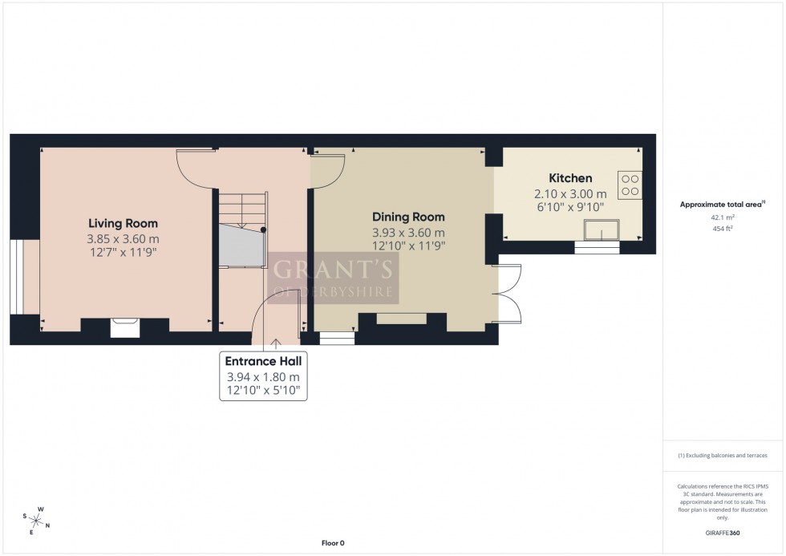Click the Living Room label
(x=123, y=223)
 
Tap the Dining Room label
(x=407, y=217)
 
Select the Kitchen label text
(x=569, y=178)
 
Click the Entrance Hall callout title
(x=263, y=363)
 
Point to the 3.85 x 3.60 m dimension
(x=123, y=239)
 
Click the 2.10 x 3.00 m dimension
(x=569, y=193)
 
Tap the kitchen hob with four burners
(x=630, y=185)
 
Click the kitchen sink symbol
(x=601, y=232)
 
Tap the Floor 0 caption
(x=332, y=543)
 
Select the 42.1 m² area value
(x=723, y=217)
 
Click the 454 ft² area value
(x=723, y=228)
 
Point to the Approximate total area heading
(x=722, y=204)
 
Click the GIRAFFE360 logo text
(x=723, y=532)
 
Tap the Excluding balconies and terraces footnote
(x=723, y=455)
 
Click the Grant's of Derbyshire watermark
(x=332, y=278)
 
